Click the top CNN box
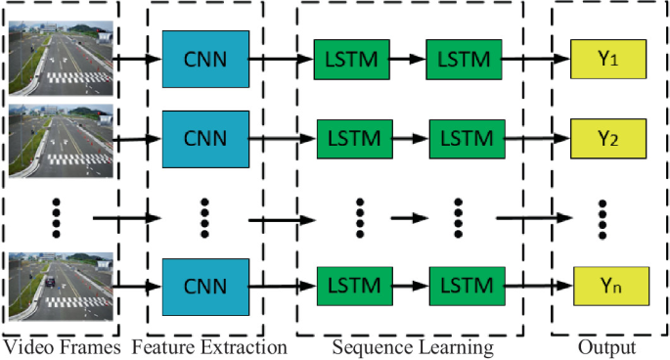point(204,58)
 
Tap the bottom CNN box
point(204,288)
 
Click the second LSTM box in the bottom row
point(467,287)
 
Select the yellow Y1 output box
point(608,60)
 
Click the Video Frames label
point(61,347)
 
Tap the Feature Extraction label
point(208,347)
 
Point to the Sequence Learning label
point(412,347)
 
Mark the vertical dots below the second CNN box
point(204,214)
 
